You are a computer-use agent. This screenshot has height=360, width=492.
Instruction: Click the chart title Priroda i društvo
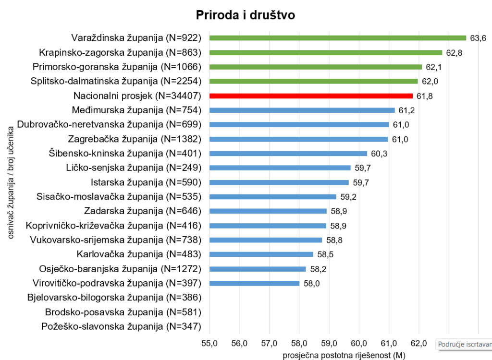pos(246,15)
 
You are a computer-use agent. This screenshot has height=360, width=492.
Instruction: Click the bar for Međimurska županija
pos(302,110)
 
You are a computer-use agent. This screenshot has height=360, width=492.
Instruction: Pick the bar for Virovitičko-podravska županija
pos(254,283)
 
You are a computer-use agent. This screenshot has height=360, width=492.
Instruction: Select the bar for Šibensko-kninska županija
pos(288,154)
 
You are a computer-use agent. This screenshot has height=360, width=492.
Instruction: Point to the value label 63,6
pos(478,38)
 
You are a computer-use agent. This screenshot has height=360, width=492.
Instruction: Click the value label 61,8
pos(424,96)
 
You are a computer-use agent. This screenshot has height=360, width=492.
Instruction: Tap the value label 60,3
pos(379,154)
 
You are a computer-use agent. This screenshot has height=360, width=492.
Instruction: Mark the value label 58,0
pos(311,283)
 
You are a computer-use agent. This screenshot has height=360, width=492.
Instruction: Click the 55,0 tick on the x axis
pos(209,343)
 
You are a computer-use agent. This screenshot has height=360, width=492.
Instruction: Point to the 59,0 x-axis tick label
pos(329,343)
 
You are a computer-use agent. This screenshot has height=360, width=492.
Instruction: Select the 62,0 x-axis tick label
pos(419,343)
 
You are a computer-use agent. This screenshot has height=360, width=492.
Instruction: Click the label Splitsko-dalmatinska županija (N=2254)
pos(115,81)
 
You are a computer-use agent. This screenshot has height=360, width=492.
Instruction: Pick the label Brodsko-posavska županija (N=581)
pos(123,312)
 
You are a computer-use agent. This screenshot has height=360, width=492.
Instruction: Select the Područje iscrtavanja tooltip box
pos(464,344)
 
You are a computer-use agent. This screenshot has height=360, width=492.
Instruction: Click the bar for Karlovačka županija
pos(261,254)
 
